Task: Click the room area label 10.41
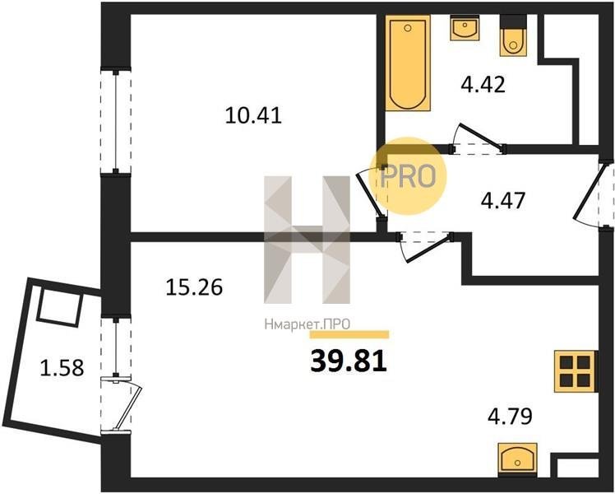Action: [x=253, y=116]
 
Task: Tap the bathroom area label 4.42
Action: [x=483, y=85]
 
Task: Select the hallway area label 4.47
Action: [x=503, y=201]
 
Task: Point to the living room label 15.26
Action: [x=194, y=287]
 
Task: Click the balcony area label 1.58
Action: [x=62, y=368]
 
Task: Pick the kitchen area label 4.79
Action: [x=510, y=417]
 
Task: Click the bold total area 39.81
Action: [x=349, y=361]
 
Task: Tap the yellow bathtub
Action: [x=408, y=63]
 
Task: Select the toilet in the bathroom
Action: [x=513, y=35]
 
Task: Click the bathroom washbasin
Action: [x=465, y=28]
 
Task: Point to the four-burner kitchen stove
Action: [x=576, y=371]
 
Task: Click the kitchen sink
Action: [x=518, y=457]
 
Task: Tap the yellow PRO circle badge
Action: [x=408, y=175]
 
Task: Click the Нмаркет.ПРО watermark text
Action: [x=307, y=324]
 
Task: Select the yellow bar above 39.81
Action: [x=349, y=334]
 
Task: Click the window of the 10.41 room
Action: [x=116, y=121]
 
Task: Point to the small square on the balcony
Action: [x=60, y=306]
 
